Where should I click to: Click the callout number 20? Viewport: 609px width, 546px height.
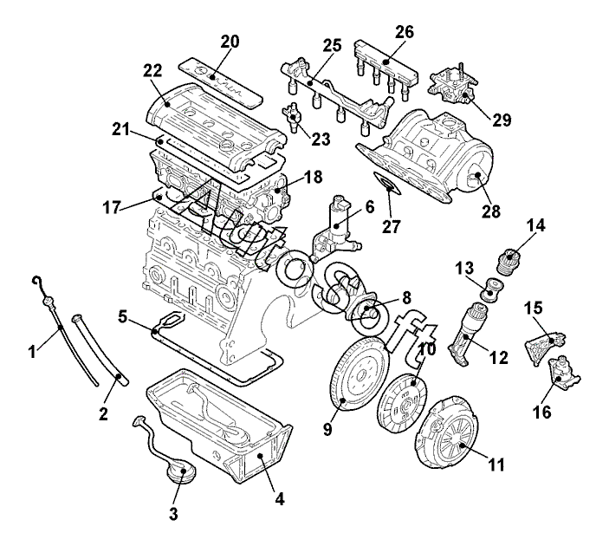[x=230, y=42]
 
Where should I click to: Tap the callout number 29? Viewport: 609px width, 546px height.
[x=502, y=120]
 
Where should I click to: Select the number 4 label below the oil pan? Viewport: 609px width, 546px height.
[x=280, y=498]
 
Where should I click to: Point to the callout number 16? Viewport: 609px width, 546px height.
[x=542, y=412]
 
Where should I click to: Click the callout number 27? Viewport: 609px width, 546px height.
[x=391, y=226]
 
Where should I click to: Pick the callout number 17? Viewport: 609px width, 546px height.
[x=112, y=208]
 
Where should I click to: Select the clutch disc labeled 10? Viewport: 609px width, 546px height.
[x=402, y=403]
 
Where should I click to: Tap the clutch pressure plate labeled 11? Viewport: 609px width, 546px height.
[x=447, y=433]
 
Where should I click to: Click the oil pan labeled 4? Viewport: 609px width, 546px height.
[x=219, y=424]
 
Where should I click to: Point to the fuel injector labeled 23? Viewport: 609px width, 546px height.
[x=292, y=115]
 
